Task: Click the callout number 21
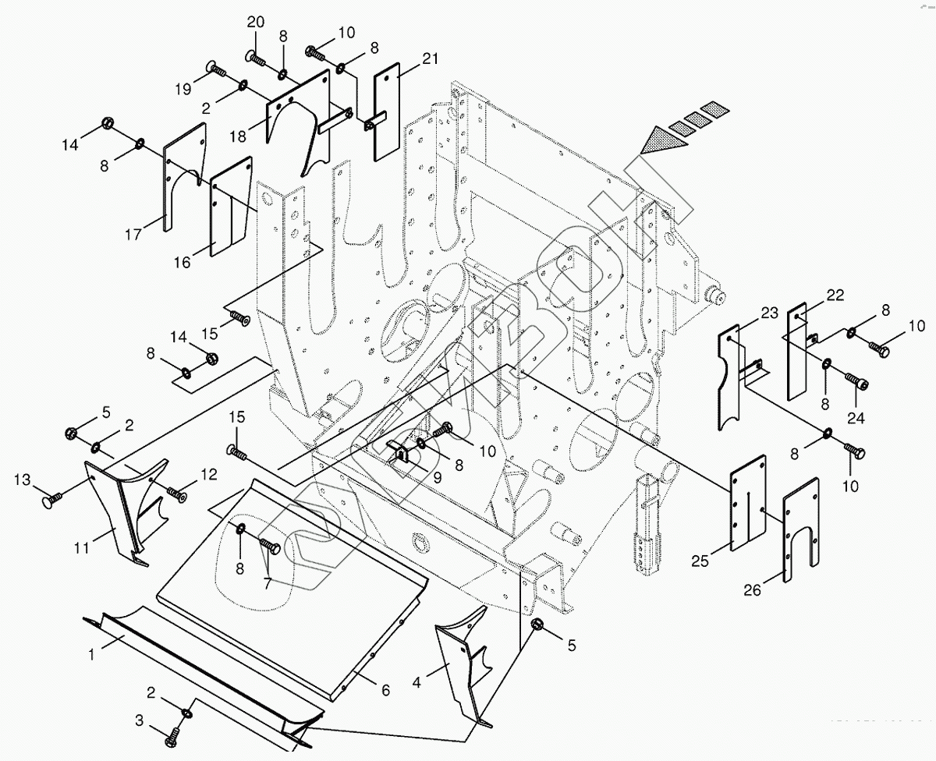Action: (431, 58)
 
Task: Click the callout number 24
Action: (856, 417)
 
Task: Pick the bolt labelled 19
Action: (216, 71)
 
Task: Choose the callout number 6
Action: (385, 690)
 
